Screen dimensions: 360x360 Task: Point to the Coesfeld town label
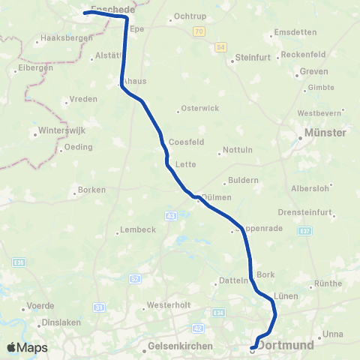[187, 141]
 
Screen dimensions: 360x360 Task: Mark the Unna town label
[332, 334]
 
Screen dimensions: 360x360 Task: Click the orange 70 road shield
[198, 31]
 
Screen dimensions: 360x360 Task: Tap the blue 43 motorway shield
[172, 216]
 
